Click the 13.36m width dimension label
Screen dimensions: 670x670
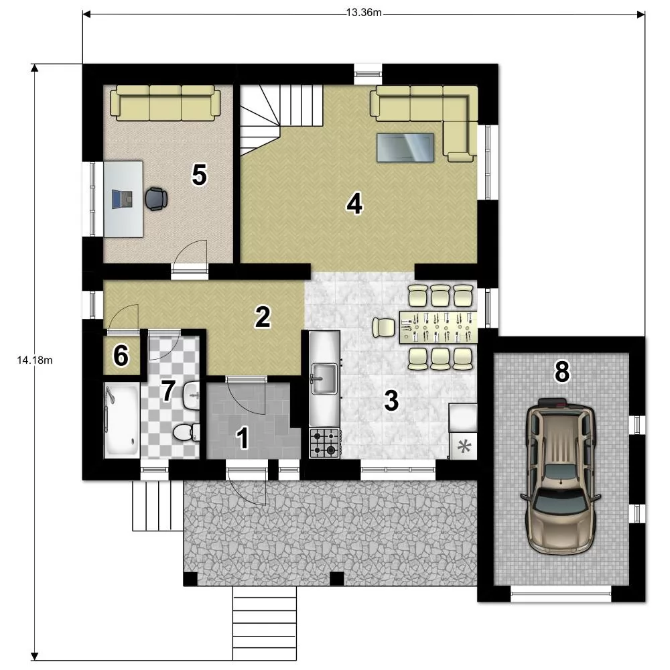(x=364, y=12)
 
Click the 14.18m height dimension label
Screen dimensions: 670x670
(x=35, y=360)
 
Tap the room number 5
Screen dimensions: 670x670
(x=199, y=175)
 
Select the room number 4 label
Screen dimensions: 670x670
(x=354, y=204)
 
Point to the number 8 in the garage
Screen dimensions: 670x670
(x=562, y=371)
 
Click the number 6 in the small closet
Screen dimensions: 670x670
(x=121, y=356)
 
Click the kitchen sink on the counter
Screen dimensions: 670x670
(x=324, y=379)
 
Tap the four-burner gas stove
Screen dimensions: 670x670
(x=324, y=443)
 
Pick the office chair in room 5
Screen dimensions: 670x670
(x=156, y=199)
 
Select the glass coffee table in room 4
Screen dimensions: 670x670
(x=405, y=147)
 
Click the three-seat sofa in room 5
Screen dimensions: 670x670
(x=165, y=103)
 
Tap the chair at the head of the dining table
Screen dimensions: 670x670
(x=384, y=328)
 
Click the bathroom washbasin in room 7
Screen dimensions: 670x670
(x=192, y=395)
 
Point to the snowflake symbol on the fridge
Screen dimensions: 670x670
(x=464, y=447)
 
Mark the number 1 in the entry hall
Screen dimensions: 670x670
(x=243, y=438)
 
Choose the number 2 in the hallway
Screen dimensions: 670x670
(x=263, y=317)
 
